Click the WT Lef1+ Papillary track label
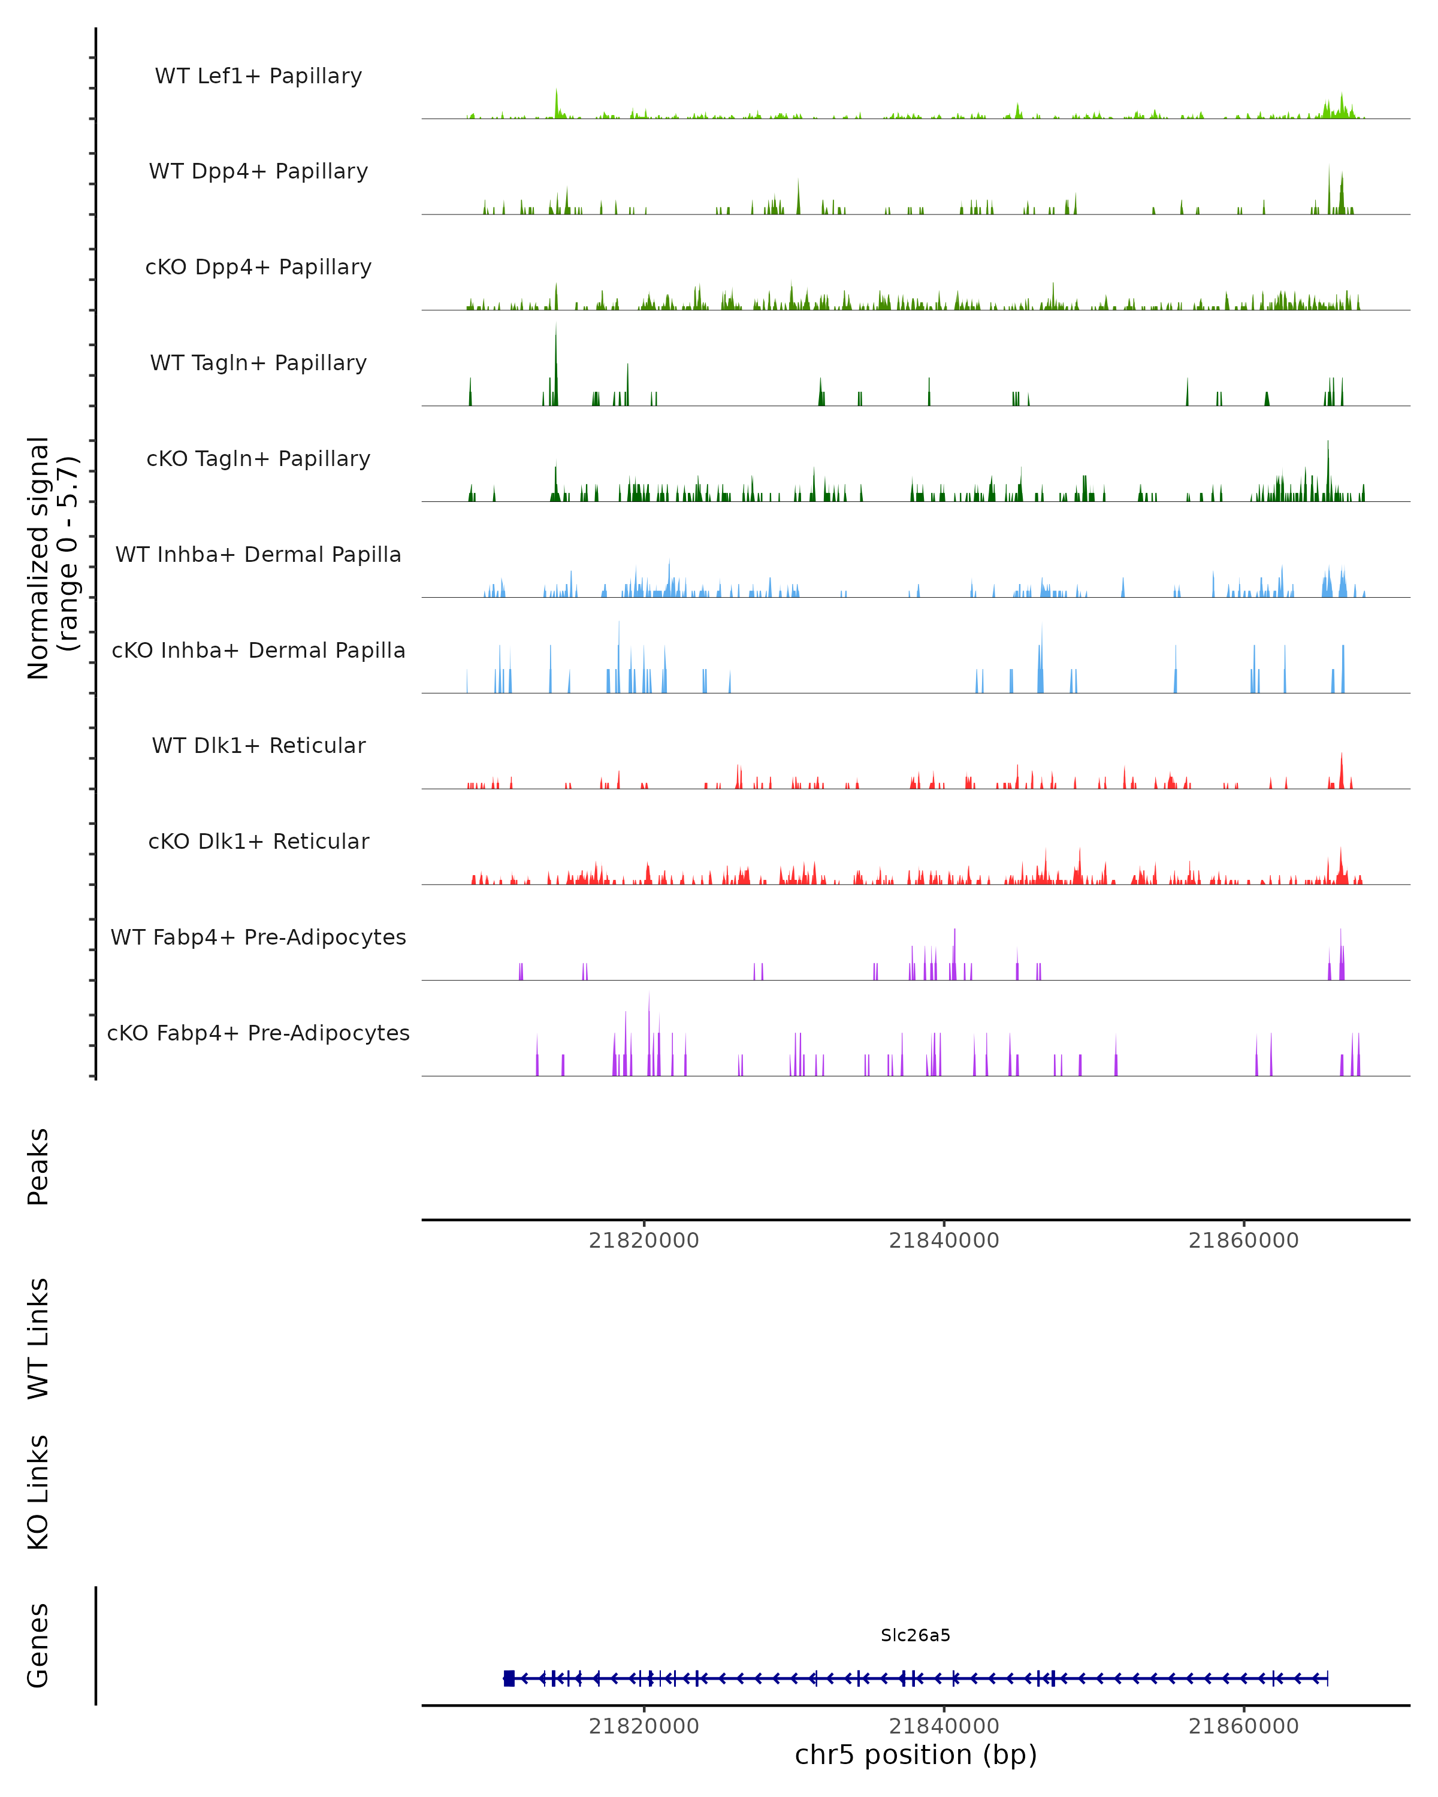tap(258, 76)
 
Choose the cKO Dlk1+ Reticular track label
tap(258, 841)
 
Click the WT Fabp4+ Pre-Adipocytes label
tap(258, 937)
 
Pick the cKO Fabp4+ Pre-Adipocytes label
tap(258, 1033)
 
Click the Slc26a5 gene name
tap(916, 1635)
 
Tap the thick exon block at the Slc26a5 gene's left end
tap(509, 1678)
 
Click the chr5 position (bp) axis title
tap(916, 1754)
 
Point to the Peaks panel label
tap(38, 1166)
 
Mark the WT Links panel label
tap(38, 1338)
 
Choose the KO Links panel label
tap(38, 1492)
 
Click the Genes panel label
tap(38, 1645)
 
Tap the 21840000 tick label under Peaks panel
tap(944, 1241)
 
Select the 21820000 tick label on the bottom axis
tap(644, 1726)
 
